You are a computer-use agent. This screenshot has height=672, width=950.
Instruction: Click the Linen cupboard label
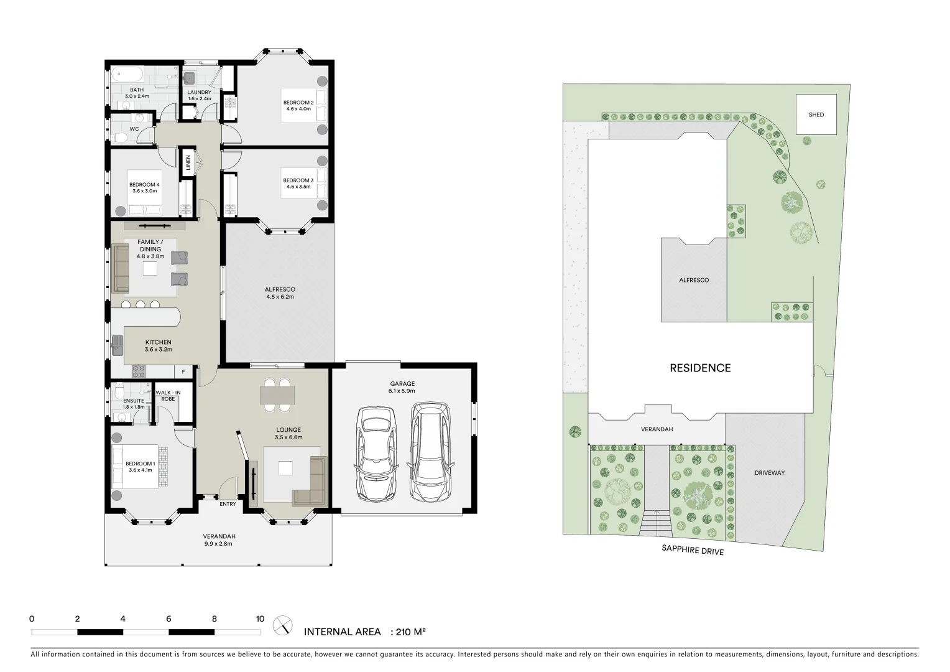coord(188,162)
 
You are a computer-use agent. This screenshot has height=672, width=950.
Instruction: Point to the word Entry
coord(228,504)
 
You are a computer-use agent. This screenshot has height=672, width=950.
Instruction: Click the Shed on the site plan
coord(816,114)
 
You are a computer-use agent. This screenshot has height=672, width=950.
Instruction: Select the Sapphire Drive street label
coord(691,551)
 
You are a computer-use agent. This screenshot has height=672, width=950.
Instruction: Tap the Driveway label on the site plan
coord(770,473)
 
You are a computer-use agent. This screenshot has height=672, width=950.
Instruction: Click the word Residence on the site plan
coord(700,368)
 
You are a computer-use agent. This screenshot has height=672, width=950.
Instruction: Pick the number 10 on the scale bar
coord(260,619)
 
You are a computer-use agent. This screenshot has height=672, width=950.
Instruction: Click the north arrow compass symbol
coord(284,624)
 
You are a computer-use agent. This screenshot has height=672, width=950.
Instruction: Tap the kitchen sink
coord(118,346)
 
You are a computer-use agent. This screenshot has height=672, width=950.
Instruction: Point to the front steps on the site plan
coord(657,523)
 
